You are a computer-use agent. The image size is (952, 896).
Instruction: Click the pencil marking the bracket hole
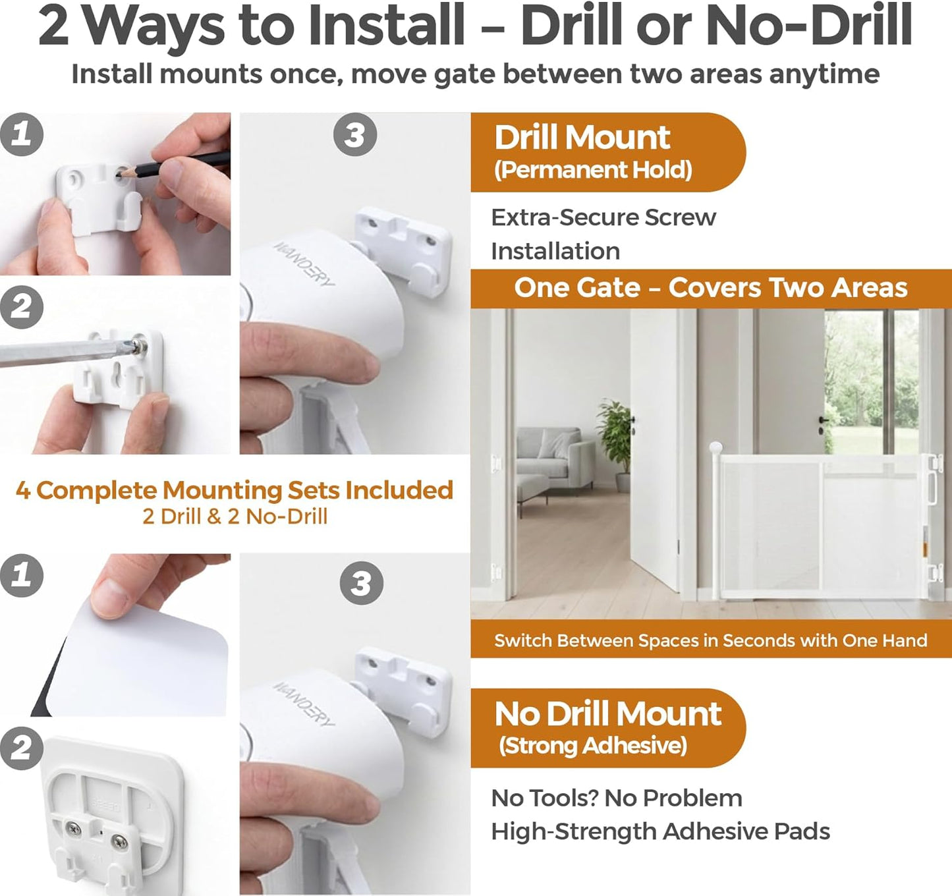pos(173,165)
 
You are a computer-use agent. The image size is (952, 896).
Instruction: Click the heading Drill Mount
pos(582,138)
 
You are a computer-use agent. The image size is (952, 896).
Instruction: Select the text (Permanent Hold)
pos(593,170)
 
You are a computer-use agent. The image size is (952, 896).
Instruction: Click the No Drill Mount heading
pos(608,714)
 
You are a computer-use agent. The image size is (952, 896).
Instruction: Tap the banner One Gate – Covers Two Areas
pos(711,288)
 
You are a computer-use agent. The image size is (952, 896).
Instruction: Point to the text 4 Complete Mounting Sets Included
pos(235,490)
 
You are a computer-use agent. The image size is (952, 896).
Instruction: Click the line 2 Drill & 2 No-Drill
pos(235,517)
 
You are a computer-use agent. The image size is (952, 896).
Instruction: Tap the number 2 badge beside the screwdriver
pos(22,307)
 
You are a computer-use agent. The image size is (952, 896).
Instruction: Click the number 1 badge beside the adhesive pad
pos(22,575)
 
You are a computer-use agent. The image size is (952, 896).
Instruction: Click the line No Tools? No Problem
pos(617,798)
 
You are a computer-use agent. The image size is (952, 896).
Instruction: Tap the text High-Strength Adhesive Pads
pos(661,832)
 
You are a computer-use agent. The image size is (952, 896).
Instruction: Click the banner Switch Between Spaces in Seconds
pos(711,641)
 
